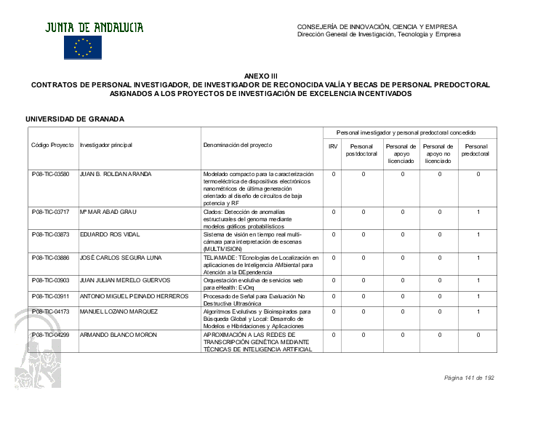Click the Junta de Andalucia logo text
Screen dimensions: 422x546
click(95, 28)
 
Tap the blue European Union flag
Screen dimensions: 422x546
click(83, 48)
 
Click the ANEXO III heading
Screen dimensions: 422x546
click(260, 76)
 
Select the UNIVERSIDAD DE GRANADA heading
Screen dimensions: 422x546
click(75, 119)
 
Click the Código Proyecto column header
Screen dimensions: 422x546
click(52, 146)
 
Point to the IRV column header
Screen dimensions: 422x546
click(333, 146)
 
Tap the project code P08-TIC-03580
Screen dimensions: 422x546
click(51, 175)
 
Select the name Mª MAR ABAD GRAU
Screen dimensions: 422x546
click(108, 212)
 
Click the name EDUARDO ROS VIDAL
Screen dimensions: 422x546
click(109, 234)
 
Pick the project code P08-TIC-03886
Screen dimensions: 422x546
click(51, 258)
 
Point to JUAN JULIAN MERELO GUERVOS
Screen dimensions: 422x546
click(125, 280)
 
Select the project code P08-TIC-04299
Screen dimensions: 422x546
click(51, 335)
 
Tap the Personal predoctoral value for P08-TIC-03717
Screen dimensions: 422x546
click(478, 212)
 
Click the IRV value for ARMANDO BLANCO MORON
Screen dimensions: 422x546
click(333, 335)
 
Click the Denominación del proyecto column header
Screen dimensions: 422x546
click(238, 146)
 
